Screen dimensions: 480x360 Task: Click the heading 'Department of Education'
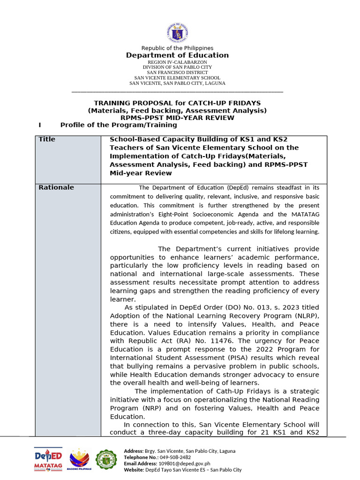click(x=177, y=55)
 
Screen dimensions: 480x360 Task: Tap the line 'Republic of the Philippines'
click(x=177, y=48)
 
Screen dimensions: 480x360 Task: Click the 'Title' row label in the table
click(x=47, y=140)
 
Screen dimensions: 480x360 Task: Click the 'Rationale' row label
click(x=56, y=187)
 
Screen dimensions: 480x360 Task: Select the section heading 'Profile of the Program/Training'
click(x=119, y=125)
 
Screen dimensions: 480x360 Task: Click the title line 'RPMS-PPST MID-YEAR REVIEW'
click(x=177, y=118)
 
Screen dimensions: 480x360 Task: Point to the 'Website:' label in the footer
click(x=134, y=469)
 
